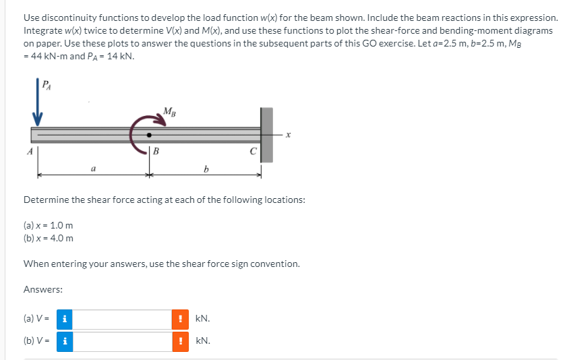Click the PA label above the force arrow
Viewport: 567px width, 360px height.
click(x=45, y=85)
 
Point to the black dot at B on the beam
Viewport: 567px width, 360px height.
click(x=150, y=136)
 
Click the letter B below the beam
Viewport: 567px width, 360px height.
click(x=156, y=151)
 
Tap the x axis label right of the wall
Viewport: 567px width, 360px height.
click(x=288, y=136)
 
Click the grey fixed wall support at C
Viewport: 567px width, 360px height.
click(x=266, y=134)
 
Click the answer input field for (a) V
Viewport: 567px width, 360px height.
click(x=122, y=319)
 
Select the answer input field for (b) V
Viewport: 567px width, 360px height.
click(x=122, y=341)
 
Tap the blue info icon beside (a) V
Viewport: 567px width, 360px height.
click(x=64, y=319)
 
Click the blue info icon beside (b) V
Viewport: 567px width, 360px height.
click(x=64, y=341)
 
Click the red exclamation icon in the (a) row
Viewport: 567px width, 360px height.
click(x=180, y=319)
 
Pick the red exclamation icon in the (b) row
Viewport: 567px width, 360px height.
click(x=180, y=341)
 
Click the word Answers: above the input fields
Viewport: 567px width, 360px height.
click(x=43, y=289)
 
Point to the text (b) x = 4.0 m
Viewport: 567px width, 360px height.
click(x=49, y=238)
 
